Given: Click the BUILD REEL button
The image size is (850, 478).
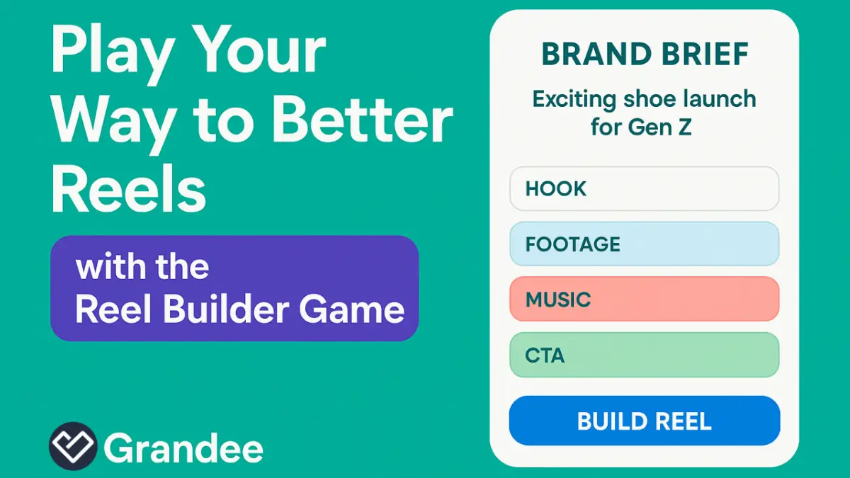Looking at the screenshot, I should [644, 421].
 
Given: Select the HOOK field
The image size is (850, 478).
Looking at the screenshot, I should [644, 189].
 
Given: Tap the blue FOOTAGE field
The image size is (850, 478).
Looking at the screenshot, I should [644, 244].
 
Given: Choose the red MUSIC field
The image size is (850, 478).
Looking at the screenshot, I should [644, 299].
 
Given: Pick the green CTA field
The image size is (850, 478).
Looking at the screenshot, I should [644, 354].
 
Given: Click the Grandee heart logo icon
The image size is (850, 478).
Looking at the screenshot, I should [72, 446].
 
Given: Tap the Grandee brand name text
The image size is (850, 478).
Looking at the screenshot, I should [183, 448].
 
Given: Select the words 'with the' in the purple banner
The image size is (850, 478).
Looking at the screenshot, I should [142, 268].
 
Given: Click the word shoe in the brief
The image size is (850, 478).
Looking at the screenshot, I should [647, 98].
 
